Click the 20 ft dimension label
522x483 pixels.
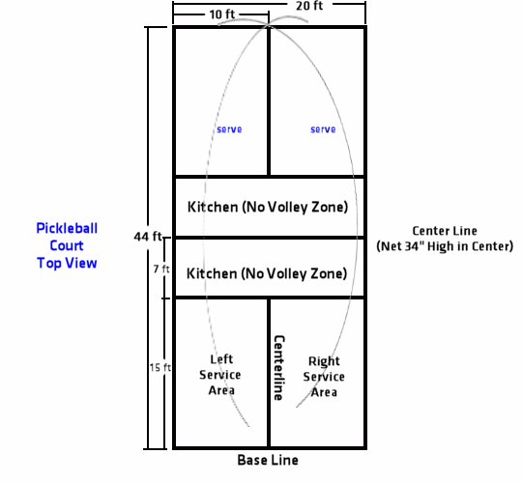click(309, 6)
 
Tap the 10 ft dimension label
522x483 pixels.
click(222, 14)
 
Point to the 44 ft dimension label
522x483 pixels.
click(148, 237)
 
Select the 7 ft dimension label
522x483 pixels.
click(161, 269)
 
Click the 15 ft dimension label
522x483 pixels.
click(160, 368)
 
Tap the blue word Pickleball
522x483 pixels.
click(67, 229)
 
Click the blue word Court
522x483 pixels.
click(67, 245)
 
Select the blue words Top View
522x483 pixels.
click(67, 263)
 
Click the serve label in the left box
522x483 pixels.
click(229, 129)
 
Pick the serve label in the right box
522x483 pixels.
click(323, 129)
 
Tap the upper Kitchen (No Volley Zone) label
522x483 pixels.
click(268, 207)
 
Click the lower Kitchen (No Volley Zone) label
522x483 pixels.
click(267, 273)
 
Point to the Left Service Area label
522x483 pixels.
click(220, 375)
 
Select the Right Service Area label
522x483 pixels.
click(324, 377)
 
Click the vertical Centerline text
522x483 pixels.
click(279, 368)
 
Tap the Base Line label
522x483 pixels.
click(268, 460)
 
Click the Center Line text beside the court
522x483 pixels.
click(445, 231)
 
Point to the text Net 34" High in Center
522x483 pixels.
click(445, 246)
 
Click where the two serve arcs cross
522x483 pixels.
click(269, 24)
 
